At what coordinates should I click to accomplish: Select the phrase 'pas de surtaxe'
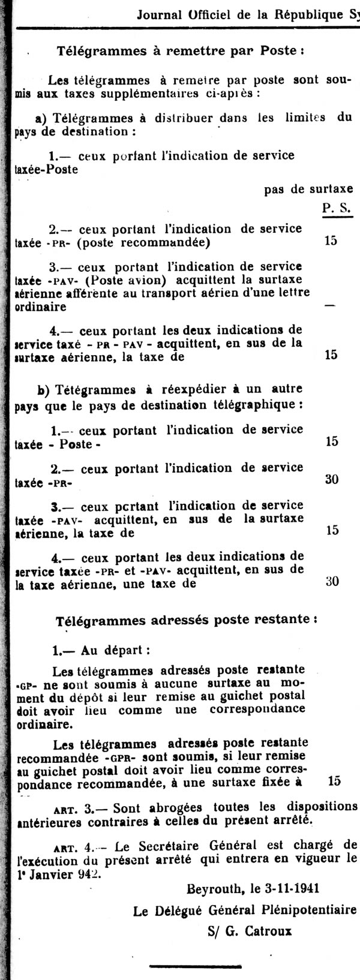click(x=308, y=190)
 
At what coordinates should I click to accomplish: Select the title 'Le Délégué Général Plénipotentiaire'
click(x=245, y=910)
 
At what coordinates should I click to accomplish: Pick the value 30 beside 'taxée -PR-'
click(x=331, y=479)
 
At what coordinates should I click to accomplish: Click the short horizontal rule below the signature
click(x=185, y=966)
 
